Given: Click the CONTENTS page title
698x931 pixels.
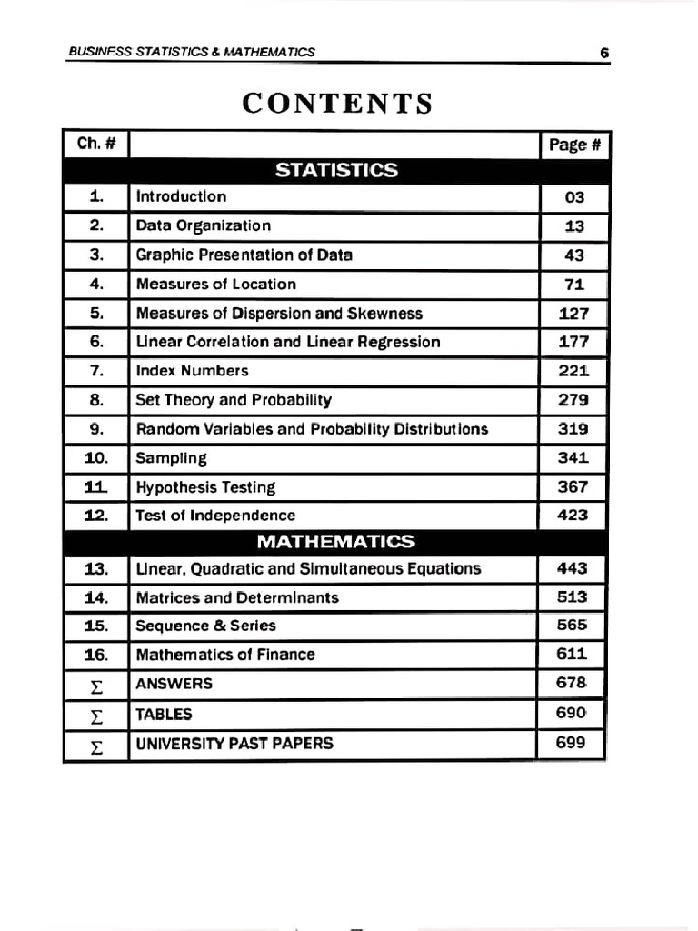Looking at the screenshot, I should [337, 104].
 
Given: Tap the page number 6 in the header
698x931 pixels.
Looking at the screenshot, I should [603, 53].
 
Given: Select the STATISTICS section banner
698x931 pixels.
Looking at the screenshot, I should [335, 170].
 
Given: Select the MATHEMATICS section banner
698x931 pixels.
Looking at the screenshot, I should [335, 542].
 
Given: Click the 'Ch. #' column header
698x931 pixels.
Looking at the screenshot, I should [96, 144].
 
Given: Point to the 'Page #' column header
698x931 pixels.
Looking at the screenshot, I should [574, 145].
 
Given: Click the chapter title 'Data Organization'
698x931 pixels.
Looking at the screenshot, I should [204, 225].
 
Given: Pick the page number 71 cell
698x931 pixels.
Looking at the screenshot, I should [574, 285].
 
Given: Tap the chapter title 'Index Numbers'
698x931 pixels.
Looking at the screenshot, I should [192, 371].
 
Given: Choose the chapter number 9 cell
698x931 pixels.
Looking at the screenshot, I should [96, 429].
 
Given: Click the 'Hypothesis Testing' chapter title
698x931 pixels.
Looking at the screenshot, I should [205, 487].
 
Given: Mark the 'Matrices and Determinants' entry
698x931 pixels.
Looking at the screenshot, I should [237, 597].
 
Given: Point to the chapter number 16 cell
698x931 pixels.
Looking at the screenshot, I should [96, 655].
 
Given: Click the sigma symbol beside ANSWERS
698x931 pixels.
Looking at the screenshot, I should [96, 685].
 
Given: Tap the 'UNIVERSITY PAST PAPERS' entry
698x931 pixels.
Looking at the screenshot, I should [234, 743].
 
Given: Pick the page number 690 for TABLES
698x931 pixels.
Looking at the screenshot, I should [572, 714].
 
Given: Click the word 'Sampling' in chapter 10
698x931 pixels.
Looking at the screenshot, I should [171, 458].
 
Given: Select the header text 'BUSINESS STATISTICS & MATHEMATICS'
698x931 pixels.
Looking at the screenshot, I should [192, 53].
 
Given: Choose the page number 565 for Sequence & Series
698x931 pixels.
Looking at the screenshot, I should [572, 625].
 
